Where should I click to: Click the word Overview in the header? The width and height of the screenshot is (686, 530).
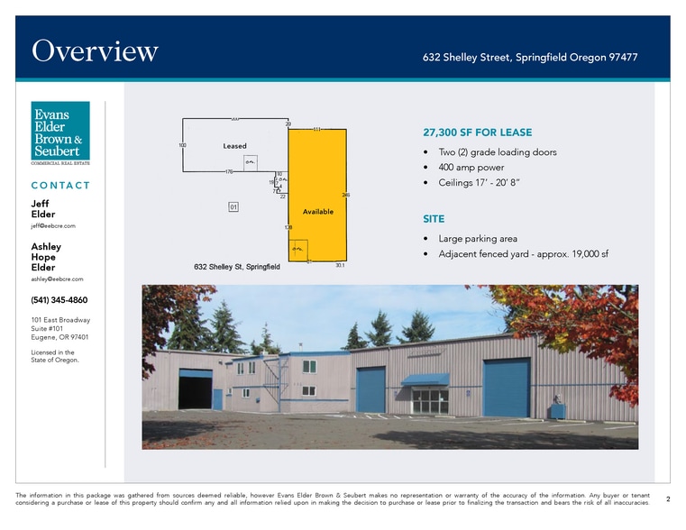point(95,51)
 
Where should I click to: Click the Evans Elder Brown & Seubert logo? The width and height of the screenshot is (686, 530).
point(60,132)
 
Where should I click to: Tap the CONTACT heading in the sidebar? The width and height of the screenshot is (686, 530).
point(60,186)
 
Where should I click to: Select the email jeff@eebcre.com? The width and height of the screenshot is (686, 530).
point(52,226)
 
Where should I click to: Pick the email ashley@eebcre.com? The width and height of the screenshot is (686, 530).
point(57,279)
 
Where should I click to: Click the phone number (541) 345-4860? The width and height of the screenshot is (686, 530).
point(59,300)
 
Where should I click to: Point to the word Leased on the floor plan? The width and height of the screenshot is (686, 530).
point(234,146)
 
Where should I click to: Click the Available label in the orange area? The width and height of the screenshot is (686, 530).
point(318,212)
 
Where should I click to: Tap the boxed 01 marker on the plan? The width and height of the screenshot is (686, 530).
point(233,207)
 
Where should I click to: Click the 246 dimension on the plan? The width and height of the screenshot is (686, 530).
point(346,195)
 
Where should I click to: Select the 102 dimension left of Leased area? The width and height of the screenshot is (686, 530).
point(182,144)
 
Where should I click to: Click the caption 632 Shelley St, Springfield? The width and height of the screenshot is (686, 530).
point(236,267)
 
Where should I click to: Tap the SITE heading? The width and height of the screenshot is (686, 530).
point(433,219)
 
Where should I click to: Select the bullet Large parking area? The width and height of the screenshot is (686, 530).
point(477,239)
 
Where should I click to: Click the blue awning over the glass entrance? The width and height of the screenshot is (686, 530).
point(425,379)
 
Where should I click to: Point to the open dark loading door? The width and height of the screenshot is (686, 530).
point(195,389)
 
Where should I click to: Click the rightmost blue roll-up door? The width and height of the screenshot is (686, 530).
point(506,388)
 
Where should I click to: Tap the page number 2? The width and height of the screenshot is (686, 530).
point(667,498)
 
